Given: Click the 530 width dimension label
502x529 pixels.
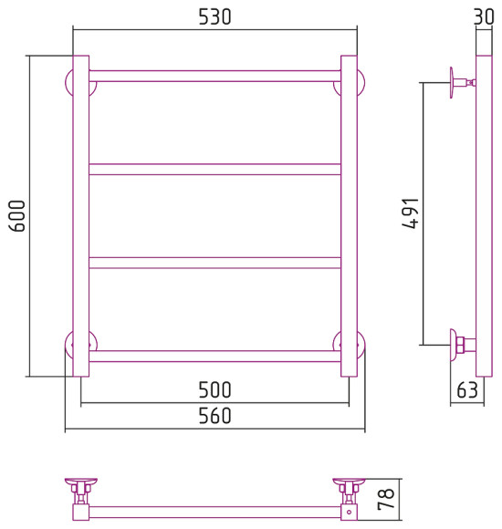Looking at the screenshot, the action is pos(214,16).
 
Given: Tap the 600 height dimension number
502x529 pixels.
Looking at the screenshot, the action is pos(16,216).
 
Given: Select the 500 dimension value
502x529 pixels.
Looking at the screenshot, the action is pos(214,390).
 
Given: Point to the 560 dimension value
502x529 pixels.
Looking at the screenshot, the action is pos(214,416).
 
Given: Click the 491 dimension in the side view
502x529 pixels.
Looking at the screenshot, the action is pos(411,213).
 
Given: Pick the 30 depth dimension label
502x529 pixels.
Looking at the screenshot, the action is pos(484,16).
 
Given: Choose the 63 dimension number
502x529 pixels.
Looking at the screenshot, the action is pos(467,390).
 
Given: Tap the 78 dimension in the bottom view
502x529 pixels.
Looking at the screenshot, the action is pos(386,499).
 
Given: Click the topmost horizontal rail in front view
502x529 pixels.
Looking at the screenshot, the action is pos(214,76).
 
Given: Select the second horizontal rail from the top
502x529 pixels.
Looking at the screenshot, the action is pos(214,170).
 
